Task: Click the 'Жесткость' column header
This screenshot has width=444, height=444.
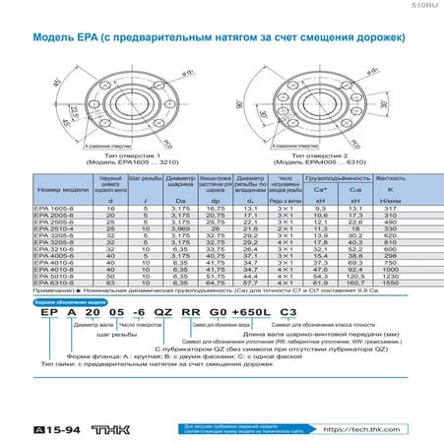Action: tap(391, 178)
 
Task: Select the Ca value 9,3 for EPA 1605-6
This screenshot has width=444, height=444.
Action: tap(320, 209)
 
